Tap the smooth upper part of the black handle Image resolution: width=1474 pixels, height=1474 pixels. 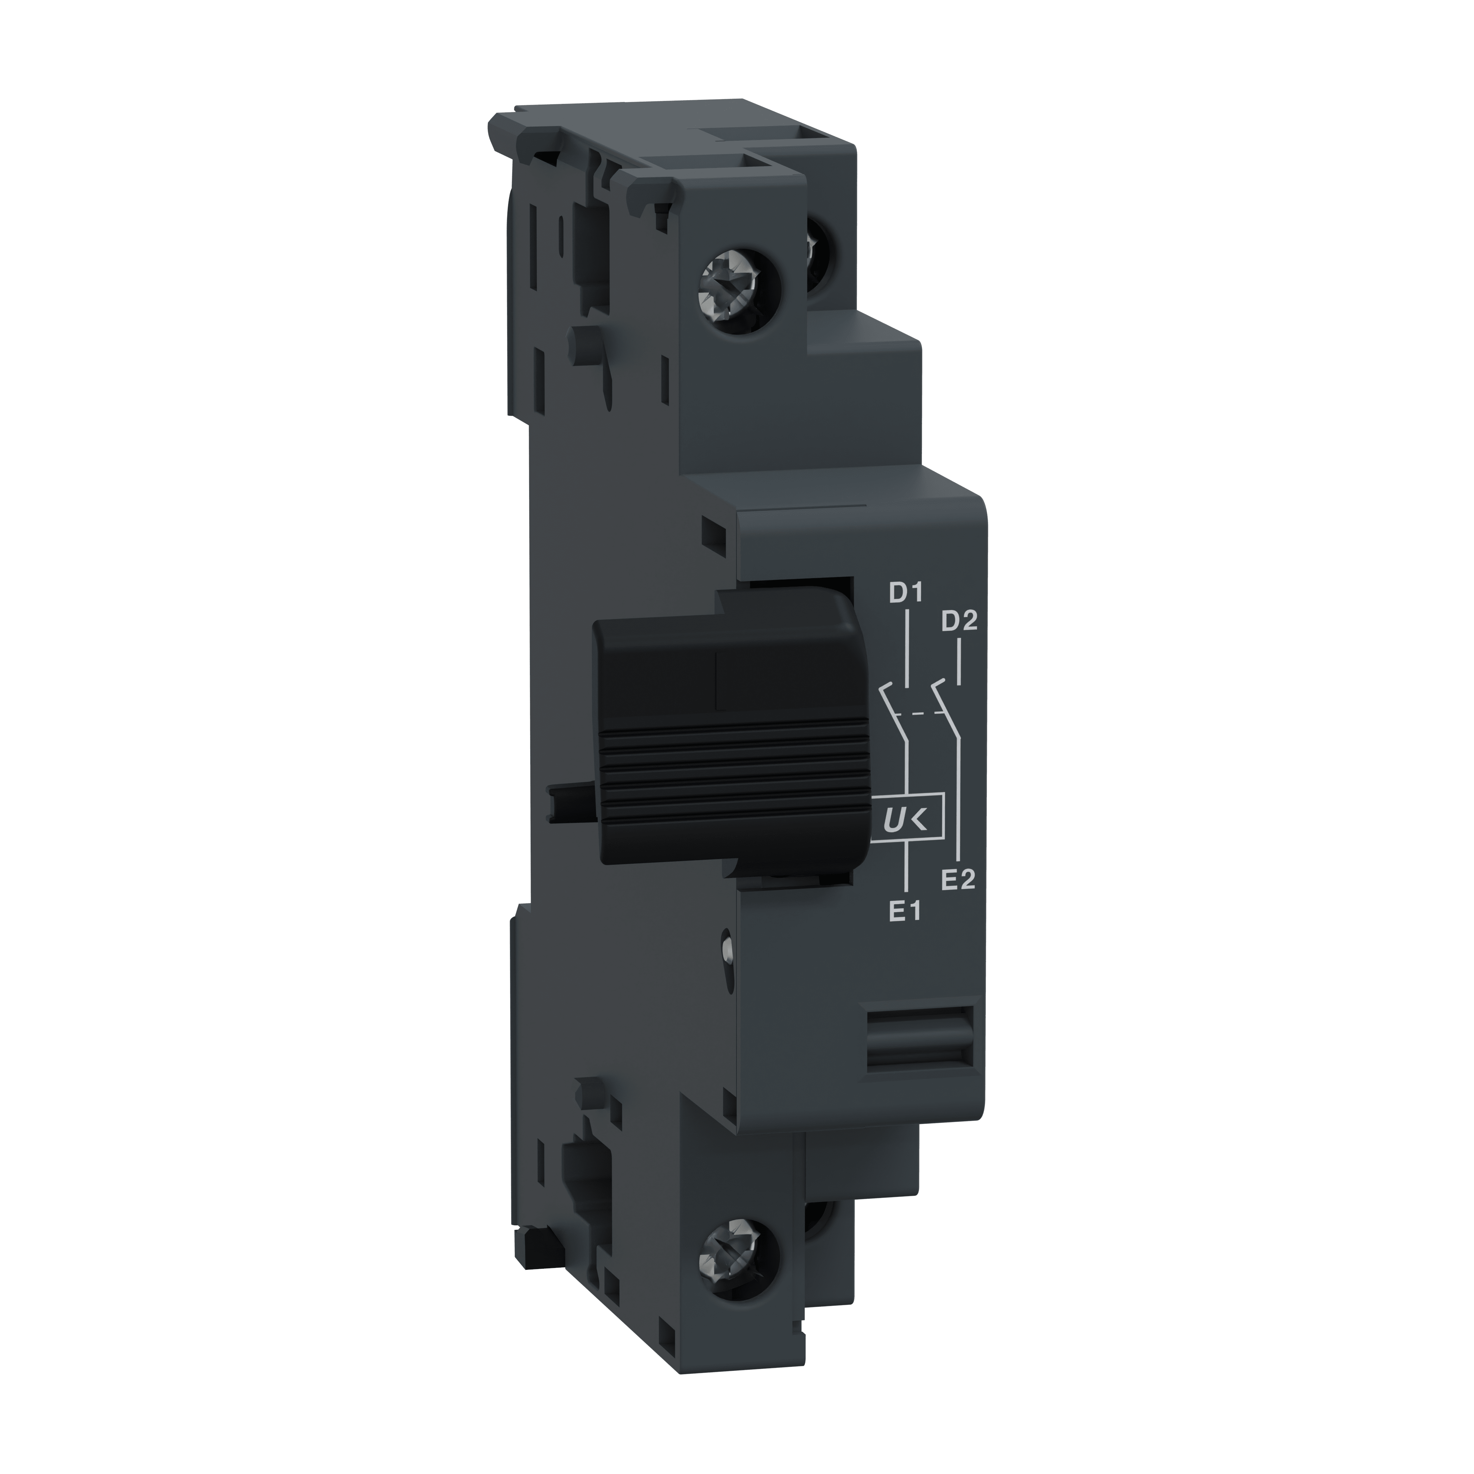tap(725, 664)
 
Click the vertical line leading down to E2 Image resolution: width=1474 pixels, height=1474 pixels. tap(959, 801)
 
